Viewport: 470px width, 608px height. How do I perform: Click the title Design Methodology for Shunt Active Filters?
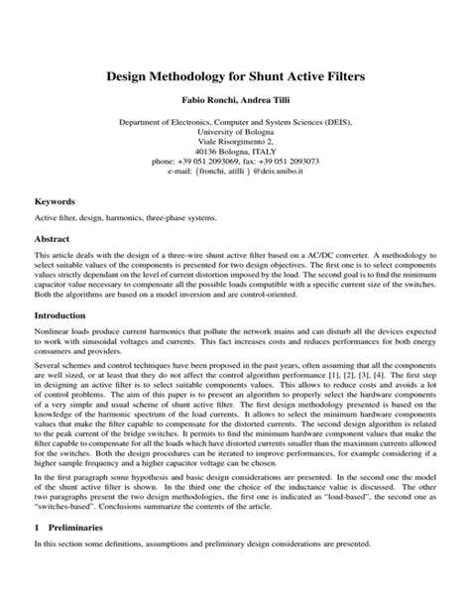click(x=235, y=75)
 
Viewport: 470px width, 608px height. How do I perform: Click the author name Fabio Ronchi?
click(x=206, y=102)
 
